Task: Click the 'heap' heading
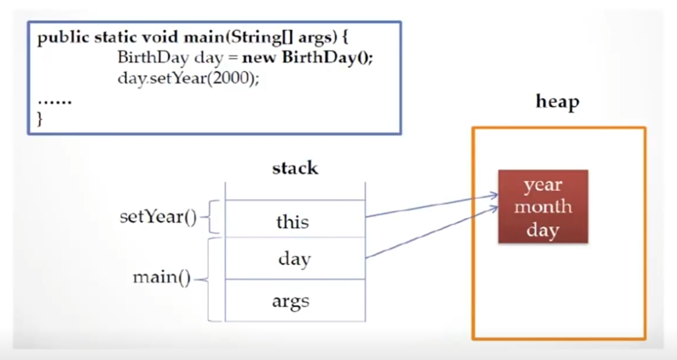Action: pyautogui.click(x=557, y=102)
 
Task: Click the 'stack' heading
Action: pyautogui.click(x=295, y=168)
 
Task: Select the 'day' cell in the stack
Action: pyautogui.click(x=295, y=259)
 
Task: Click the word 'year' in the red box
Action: pyautogui.click(x=543, y=185)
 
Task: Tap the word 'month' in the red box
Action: pyautogui.click(x=543, y=206)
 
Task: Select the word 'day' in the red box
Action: pyautogui.click(x=543, y=230)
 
